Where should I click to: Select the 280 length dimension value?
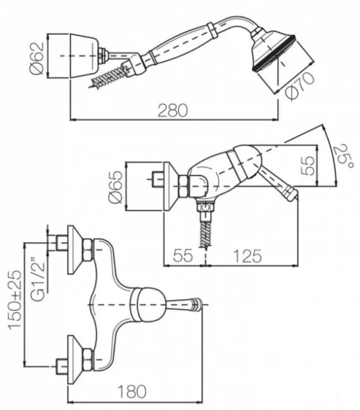pyautogui.click(x=174, y=110)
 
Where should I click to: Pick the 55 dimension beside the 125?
pyautogui.click(x=183, y=255)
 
